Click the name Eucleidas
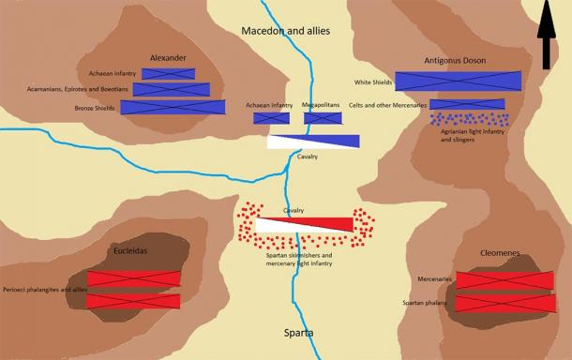tap(132, 251)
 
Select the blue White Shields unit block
tap(458, 82)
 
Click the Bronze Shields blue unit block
tap(186, 107)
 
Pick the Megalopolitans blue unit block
tap(322, 119)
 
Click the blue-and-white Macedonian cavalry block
tap(313, 142)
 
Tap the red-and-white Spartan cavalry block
tap(305, 225)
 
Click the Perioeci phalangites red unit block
tap(133, 301)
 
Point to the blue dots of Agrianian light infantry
tap(469, 119)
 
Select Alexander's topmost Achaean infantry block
tap(166, 73)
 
